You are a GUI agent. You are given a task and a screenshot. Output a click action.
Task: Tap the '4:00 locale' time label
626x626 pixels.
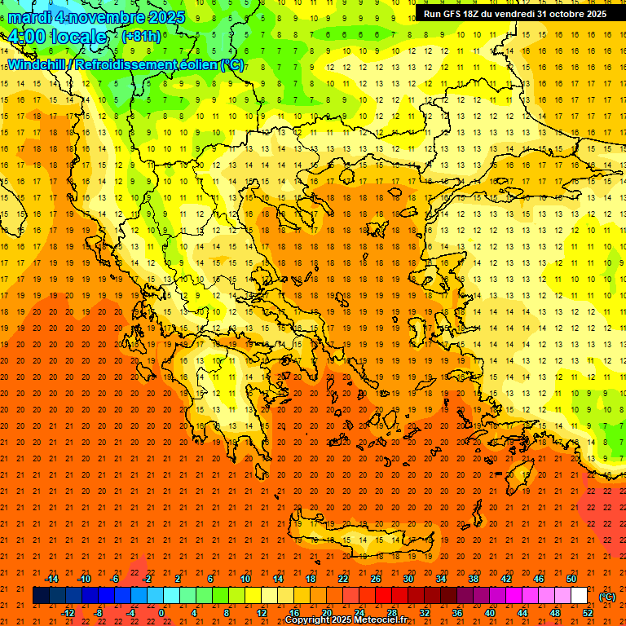58,37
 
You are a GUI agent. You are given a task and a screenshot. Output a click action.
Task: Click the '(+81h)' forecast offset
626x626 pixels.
141,37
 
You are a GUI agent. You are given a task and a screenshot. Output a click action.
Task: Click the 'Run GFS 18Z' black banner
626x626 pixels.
514,14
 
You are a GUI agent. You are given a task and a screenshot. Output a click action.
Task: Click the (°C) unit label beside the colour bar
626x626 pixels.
606,597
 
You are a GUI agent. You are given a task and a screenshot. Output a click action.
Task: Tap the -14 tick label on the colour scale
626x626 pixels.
52,579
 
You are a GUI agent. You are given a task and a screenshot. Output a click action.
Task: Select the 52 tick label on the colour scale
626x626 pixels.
588,613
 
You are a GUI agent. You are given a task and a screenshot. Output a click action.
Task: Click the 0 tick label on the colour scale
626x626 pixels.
161,613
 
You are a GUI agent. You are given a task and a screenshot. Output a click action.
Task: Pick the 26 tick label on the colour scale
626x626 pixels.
376,579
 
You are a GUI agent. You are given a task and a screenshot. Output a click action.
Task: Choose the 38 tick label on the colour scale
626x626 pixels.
473,579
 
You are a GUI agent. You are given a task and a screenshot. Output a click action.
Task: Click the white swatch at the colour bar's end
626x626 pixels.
580,596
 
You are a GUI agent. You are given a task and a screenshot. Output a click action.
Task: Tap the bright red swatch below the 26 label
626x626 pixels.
383,596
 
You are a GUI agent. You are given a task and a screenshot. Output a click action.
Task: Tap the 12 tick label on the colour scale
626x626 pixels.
262,613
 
